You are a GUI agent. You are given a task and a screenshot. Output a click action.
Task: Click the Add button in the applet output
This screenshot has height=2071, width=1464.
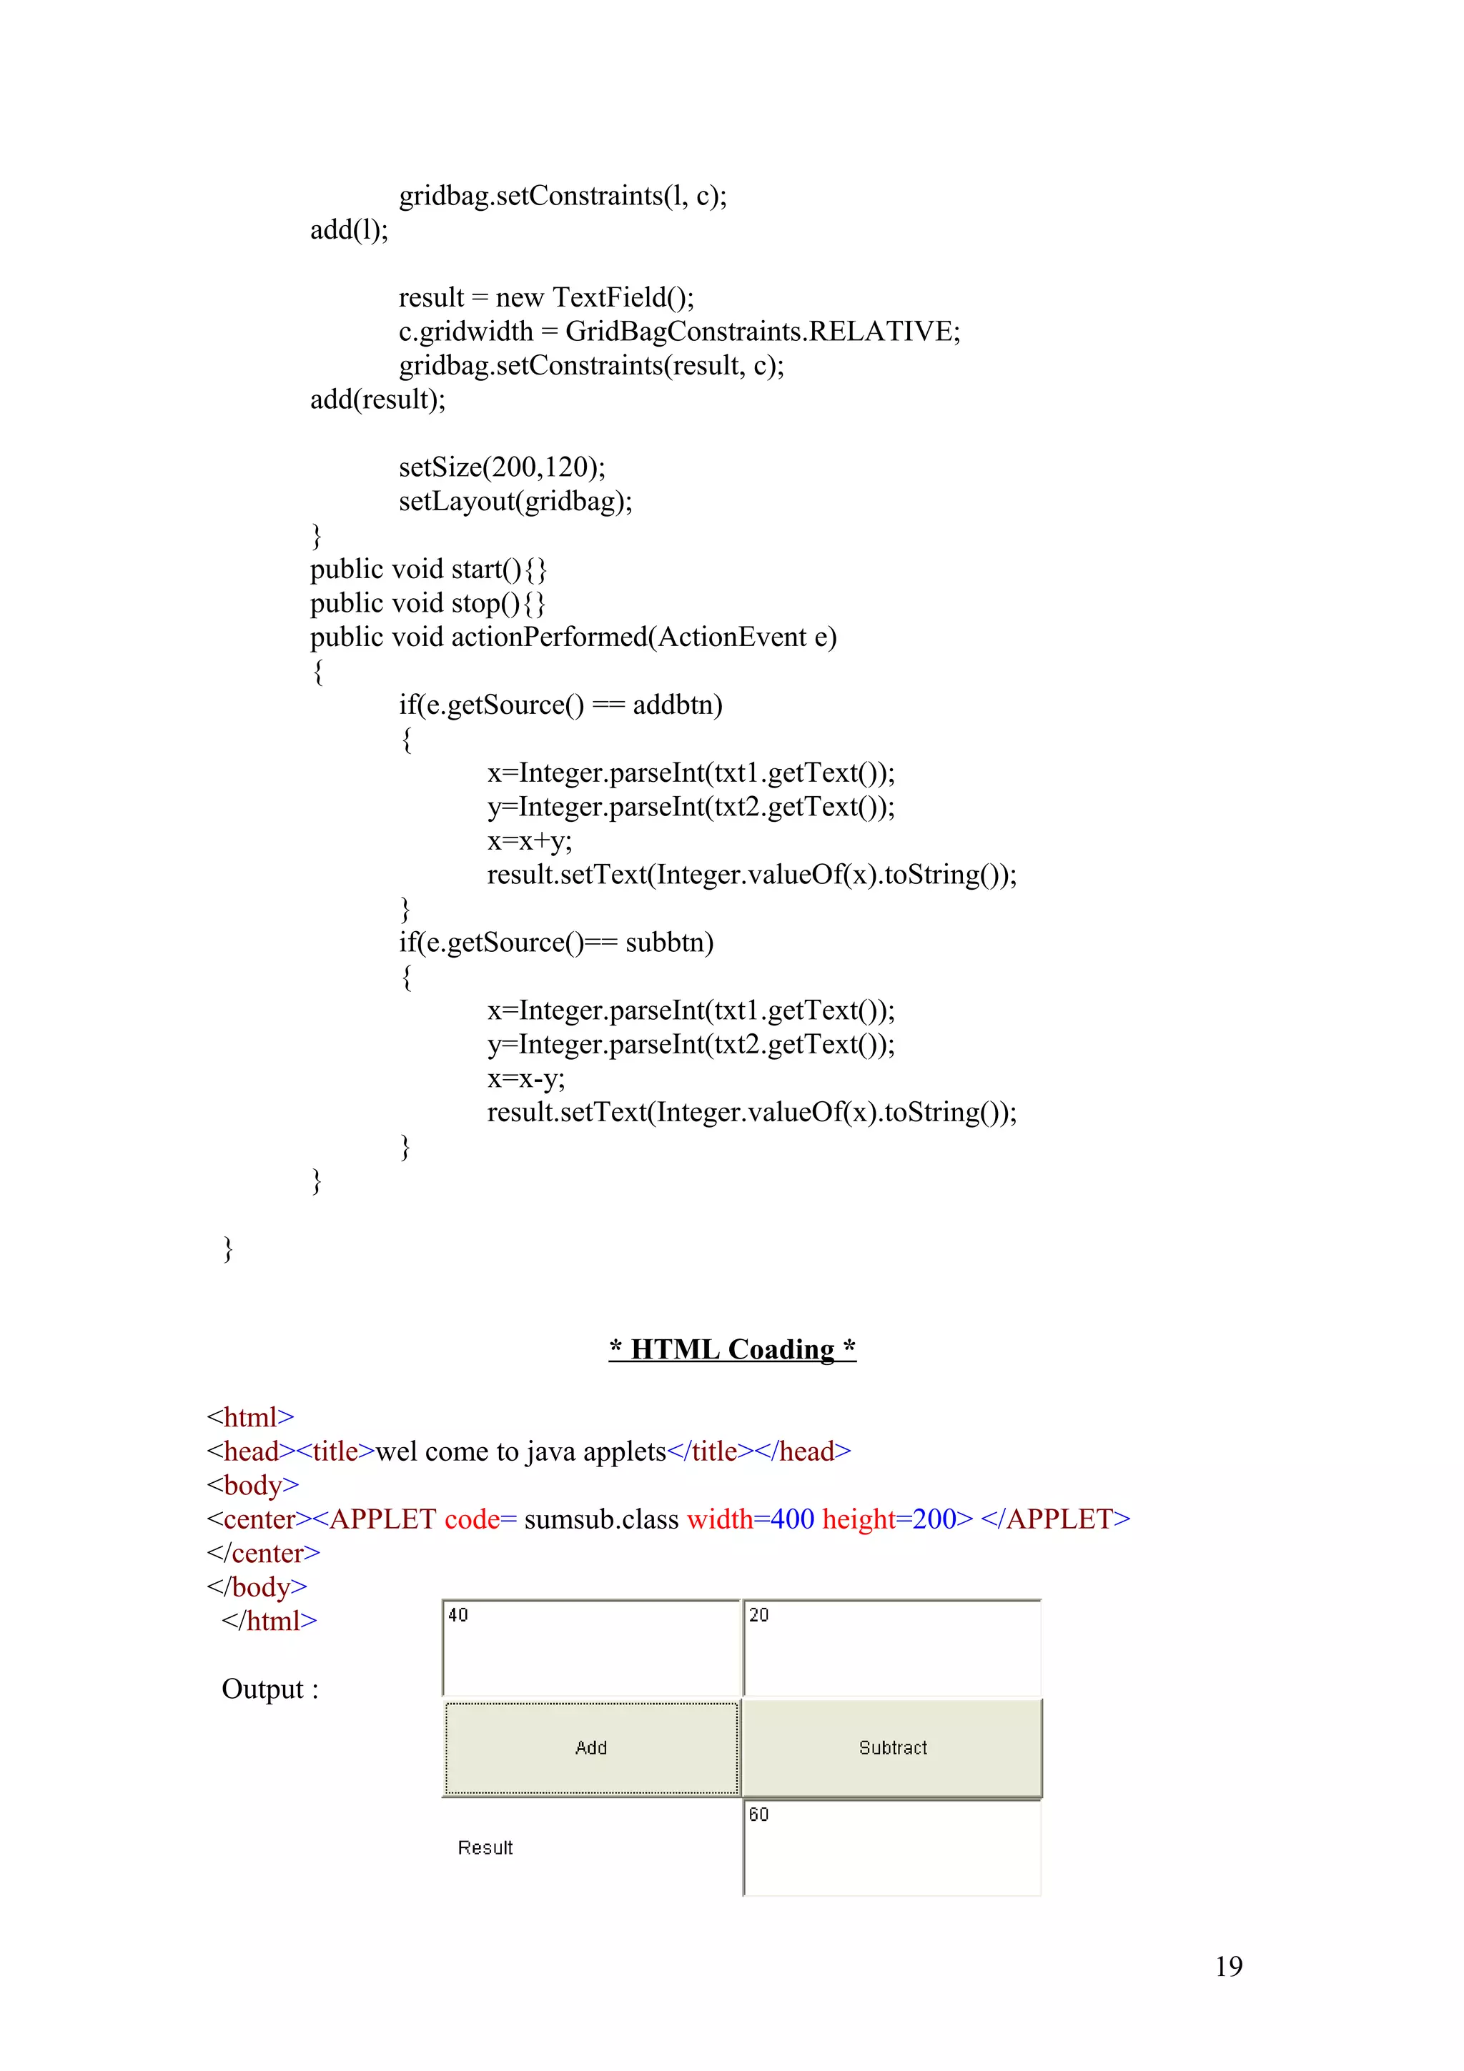591,1748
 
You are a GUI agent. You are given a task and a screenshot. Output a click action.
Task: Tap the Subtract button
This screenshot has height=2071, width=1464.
892,1748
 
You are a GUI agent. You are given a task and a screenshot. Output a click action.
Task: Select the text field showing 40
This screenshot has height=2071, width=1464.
591,1647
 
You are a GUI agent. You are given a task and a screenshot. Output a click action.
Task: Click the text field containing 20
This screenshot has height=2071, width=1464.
892,1647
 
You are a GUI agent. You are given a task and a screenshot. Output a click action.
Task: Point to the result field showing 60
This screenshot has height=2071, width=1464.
892,1847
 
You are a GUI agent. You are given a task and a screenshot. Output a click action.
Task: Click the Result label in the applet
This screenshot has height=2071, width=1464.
485,1848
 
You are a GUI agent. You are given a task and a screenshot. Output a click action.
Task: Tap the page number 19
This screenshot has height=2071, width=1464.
1229,1967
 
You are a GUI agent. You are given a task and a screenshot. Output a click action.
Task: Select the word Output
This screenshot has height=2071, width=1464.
262,1689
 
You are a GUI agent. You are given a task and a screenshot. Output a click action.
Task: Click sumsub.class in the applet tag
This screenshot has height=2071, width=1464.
600,1519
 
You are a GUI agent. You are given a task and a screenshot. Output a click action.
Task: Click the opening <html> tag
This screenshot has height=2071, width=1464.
250,1418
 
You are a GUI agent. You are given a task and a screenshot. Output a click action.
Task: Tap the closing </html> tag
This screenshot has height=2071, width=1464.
269,1621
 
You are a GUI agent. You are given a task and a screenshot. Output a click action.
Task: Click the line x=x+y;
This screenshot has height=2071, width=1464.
530,840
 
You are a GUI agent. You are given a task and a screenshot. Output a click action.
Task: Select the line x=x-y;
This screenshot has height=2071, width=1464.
526,1078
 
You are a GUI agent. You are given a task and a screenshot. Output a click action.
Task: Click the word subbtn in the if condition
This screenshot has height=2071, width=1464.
668,943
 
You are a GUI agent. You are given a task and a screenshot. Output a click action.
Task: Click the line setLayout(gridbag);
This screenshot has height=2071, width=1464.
515,502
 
